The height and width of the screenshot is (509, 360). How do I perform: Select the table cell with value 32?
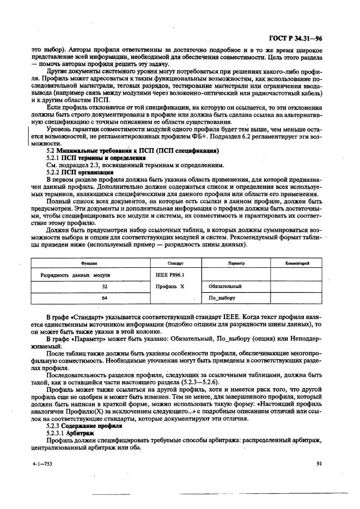point(104,286)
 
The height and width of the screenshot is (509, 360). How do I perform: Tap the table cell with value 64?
point(104,298)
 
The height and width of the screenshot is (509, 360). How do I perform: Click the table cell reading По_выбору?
point(222,298)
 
